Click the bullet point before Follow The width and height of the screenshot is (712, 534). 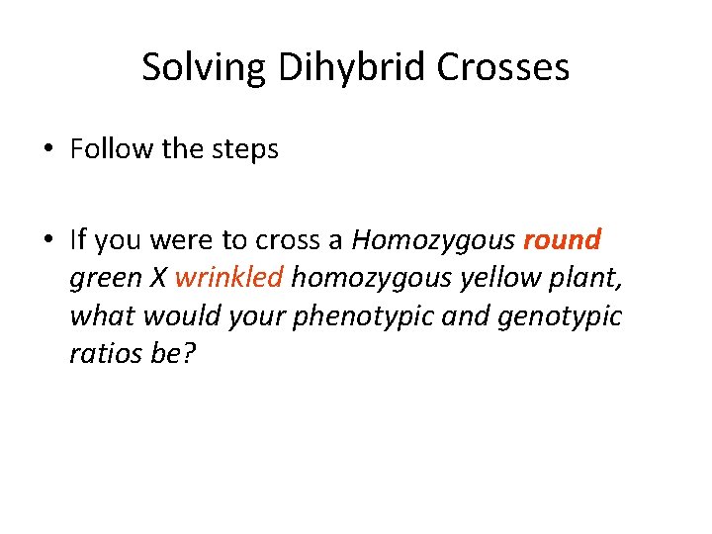pyautogui.click(x=48, y=150)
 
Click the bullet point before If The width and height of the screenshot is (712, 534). pyautogui.click(x=48, y=240)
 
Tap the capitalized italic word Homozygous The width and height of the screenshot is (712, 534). pyautogui.click(x=433, y=240)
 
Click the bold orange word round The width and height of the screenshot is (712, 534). pyautogui.click(x=562, y=240)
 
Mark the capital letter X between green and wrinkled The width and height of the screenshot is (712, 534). pyautogui.click(x=158, y=278)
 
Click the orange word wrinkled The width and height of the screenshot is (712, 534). pyautogui.click(x=228, y=278)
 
